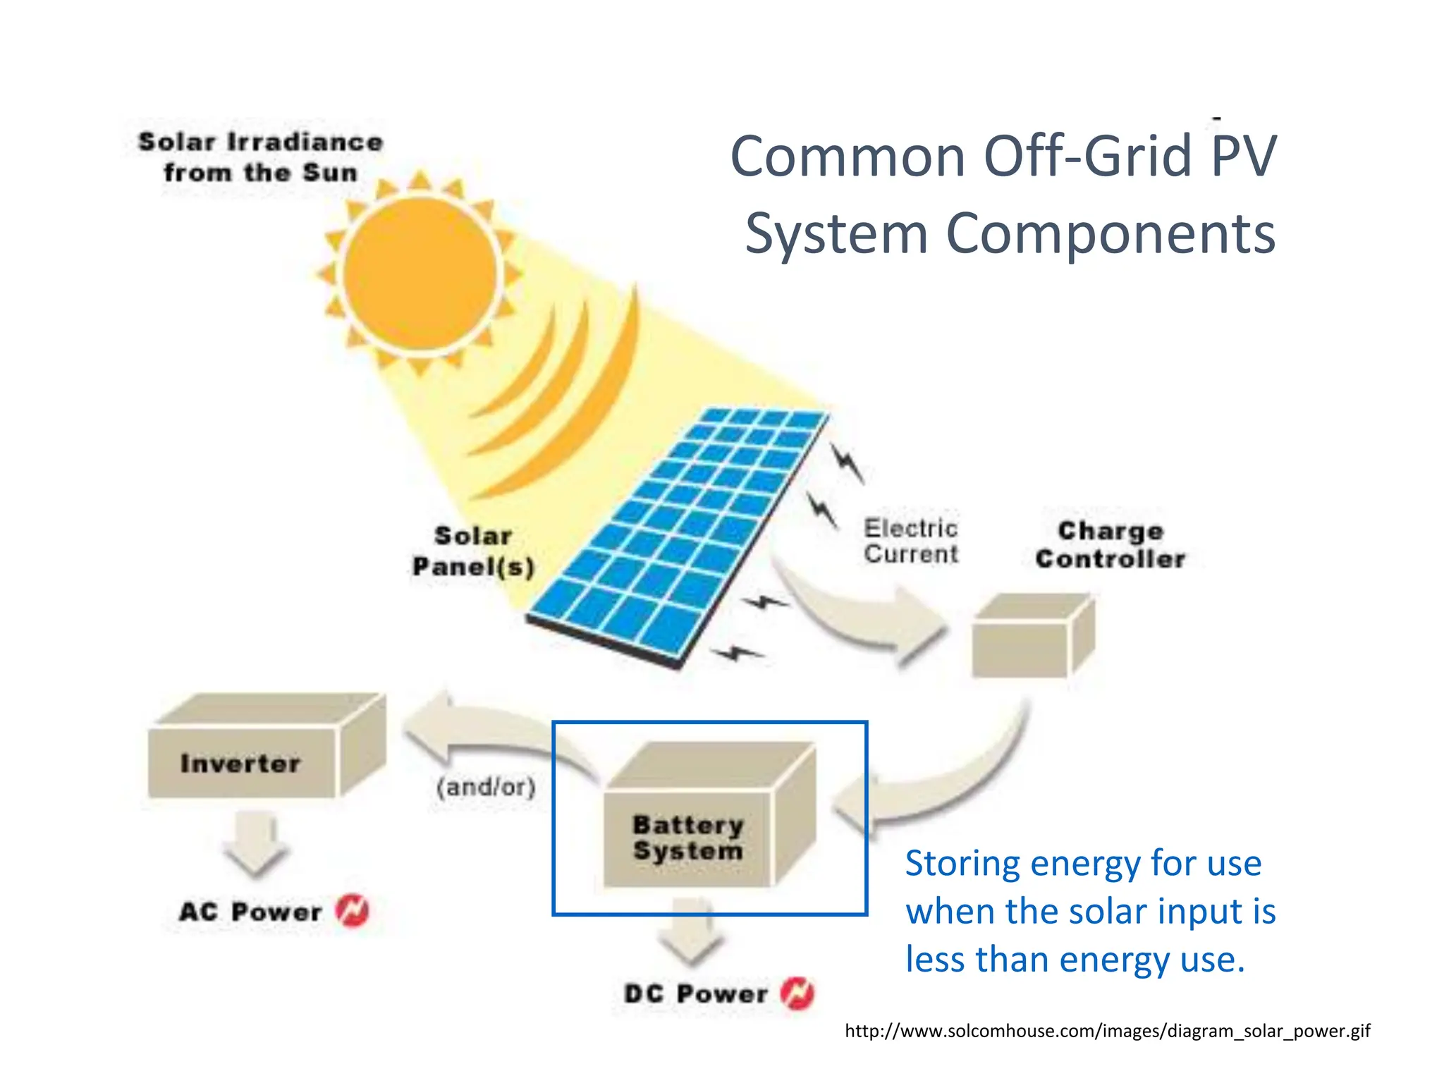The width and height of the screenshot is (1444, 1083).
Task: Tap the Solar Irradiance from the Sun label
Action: (x=260, y=157)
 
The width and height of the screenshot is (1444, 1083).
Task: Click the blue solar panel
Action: (x=677, y=536)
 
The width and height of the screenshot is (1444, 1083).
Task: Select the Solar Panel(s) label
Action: (x=473, y=551)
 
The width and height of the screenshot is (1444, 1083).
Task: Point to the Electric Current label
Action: (x=910, y=541)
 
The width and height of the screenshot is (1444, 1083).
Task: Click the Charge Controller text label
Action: (x=1110, y=545)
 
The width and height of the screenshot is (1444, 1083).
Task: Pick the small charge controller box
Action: (x=1031, y=638)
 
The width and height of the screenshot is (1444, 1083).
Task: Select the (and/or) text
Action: (x=486, y=786)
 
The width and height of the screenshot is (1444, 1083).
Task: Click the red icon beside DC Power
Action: (x=797, y=993)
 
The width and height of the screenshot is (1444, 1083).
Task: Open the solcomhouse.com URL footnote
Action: (x=1107, y=1031)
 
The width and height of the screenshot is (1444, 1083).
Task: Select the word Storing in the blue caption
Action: (x=962, y=864)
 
